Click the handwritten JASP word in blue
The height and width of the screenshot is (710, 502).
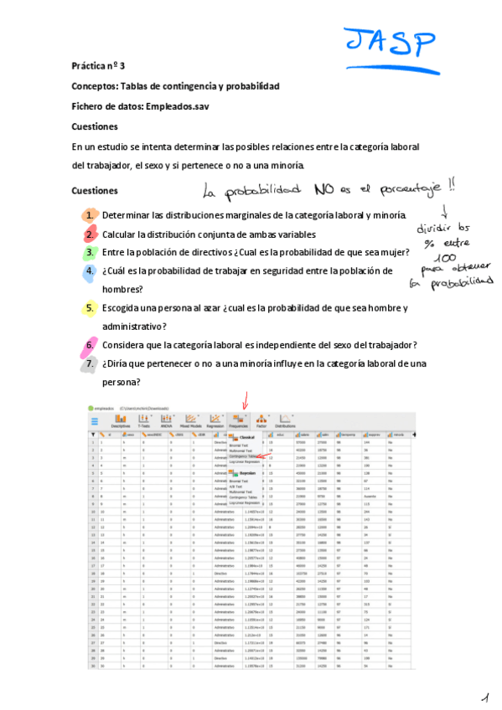[391, 41]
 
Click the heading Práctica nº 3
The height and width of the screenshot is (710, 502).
[97, 64]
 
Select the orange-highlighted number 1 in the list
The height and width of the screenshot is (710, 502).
[89, 215]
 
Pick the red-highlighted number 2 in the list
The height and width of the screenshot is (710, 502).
[89, 234]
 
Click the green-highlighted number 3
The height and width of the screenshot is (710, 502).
[89, 252]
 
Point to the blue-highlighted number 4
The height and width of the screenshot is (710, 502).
[89, 271]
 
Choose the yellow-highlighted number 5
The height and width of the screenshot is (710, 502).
[89, 308]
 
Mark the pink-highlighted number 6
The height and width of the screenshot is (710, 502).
[89, 345]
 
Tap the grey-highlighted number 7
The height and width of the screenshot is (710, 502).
[89, 363]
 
